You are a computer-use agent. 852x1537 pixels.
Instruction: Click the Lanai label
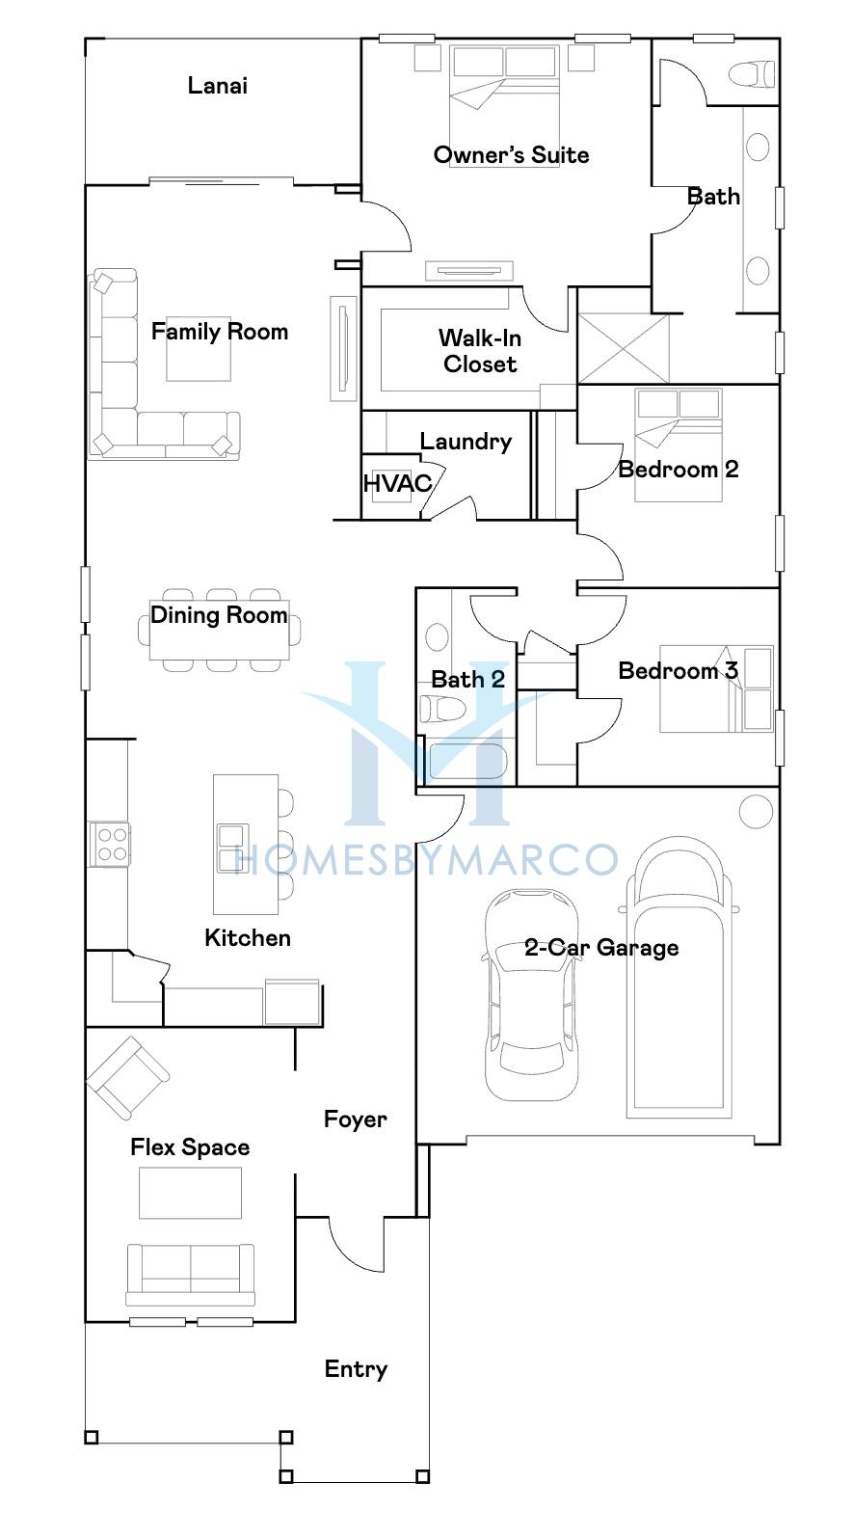[x=218, y=86]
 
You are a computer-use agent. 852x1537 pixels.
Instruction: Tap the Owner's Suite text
[x=511, y=155]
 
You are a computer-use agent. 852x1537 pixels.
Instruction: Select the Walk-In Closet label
[x=480, y=351]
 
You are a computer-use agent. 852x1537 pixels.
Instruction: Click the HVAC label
[x=397, y=483]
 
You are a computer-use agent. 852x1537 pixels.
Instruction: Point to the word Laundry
[x=466, y=442]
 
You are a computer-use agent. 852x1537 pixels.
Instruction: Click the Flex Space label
[x=190, y=1146]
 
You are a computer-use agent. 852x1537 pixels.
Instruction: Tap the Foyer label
[x=356, y=1119]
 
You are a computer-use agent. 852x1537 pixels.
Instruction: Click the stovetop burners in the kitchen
[x=110, y=844]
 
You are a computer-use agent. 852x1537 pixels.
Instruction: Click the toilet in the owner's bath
[x=752, y=74]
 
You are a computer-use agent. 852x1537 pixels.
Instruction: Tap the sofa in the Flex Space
[x=190, y=1275]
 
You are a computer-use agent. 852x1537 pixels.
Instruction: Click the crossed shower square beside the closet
[x=624, y=348]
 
